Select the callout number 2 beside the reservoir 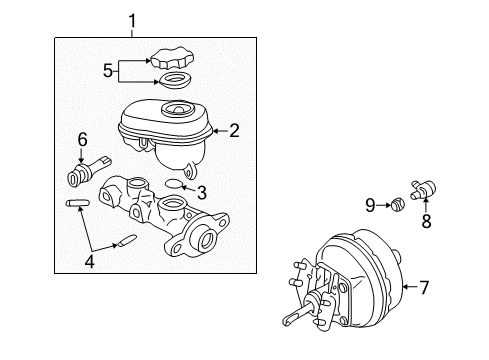[234, 128]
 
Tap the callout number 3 [201, 192]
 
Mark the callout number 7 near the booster [423, 288]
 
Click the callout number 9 [371, 206]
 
